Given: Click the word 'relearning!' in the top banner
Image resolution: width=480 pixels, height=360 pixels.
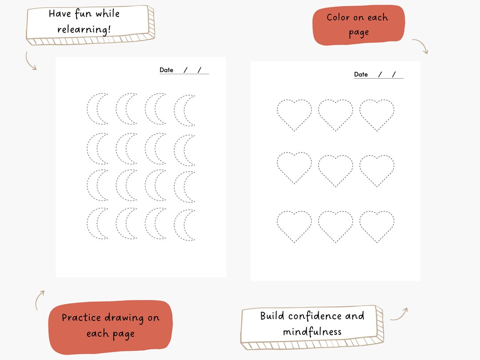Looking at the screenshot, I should [x=84, y=30].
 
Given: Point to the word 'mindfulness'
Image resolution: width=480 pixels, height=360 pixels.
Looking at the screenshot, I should [x=312, y=332].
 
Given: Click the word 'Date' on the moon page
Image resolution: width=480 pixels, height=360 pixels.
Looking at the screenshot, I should [x=166, y=70].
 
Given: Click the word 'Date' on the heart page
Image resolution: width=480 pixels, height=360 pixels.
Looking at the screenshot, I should [x=361, y=74].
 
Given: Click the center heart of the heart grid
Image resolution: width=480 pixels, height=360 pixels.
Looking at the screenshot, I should [x=336, y=169].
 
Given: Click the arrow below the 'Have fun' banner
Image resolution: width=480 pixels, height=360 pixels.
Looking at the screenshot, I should [x=31, y=61].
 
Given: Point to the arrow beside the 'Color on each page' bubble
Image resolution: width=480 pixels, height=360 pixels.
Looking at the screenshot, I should [x=420, y=46].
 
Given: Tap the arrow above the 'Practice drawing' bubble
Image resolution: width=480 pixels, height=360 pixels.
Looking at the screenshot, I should [x=40, y=300].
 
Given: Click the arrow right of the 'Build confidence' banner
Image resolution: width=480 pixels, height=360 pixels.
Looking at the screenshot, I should [x=399, y=314].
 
